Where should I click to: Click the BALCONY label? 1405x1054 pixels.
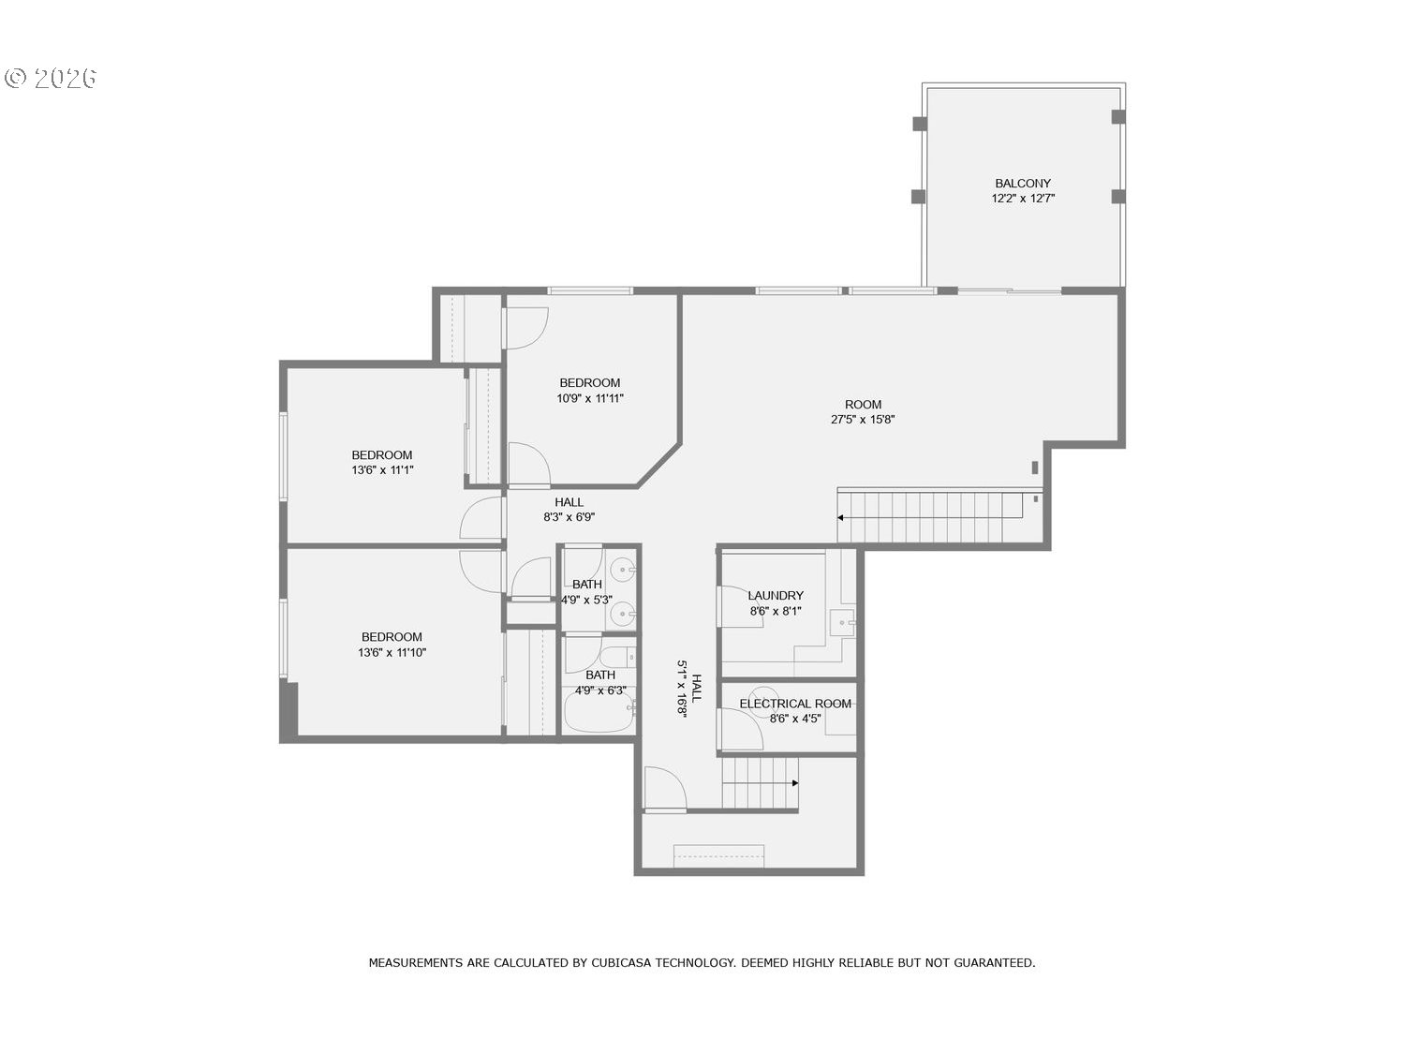(1022, 183)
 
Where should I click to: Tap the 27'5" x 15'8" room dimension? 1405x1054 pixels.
(863, 420)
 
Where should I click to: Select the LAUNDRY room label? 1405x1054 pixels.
(776, 595)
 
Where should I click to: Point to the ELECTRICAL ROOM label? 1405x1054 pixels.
(795, 704)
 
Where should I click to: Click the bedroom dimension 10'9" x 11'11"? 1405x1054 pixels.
(590, 398)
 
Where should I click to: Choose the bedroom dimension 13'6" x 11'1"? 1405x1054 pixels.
(382, 470)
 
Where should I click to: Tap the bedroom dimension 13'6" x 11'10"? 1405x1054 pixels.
(392, 652)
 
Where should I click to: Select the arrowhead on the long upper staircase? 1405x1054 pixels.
(841, 517)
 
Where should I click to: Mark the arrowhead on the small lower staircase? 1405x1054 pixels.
(795, 783)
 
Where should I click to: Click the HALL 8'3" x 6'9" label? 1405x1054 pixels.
(569, 502)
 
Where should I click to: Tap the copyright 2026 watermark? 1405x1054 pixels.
(52, 78)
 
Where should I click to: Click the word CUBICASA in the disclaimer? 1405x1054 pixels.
(621, 962)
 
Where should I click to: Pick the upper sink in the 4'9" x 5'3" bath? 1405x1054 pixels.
(623, 570)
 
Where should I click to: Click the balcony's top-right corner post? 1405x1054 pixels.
(1117, 117)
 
